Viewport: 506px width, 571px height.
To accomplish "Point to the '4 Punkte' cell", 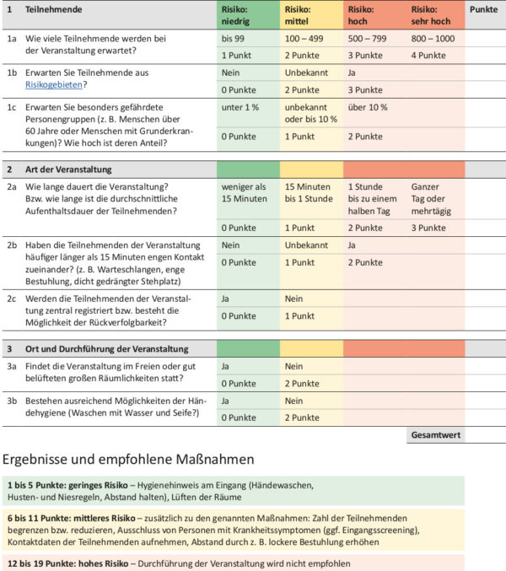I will click(x=428, y=56).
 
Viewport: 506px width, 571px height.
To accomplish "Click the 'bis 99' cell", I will click(x=234, y=39).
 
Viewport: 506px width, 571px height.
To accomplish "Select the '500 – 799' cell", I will click(x=368, y=39).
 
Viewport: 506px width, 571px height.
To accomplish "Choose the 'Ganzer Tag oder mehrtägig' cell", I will click(x=432, y=197).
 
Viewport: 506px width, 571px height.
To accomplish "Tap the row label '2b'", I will click(x=12, y=245).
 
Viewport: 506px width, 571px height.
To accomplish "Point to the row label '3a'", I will click(x=12, y=367).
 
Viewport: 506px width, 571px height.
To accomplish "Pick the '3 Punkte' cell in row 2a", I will click(x=428, y=228).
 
